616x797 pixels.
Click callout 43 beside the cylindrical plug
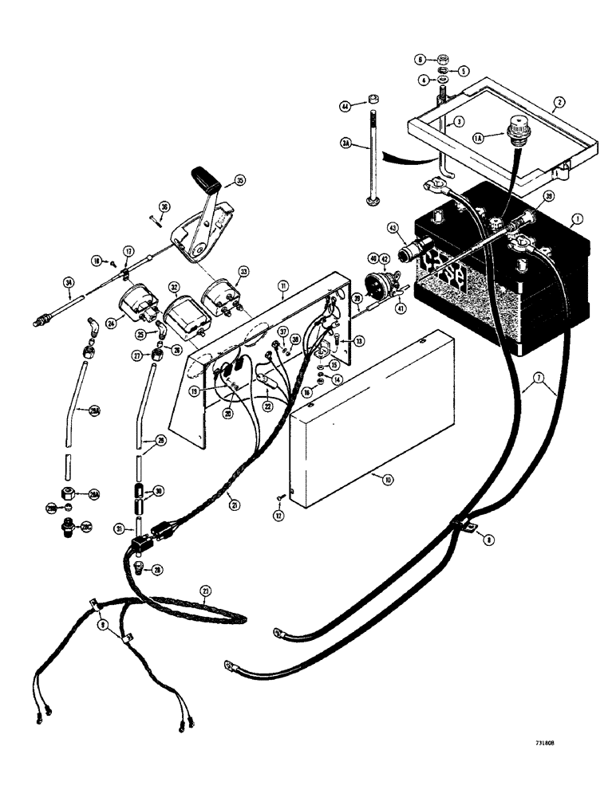(393, 229)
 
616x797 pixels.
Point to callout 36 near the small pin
(164, 207)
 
